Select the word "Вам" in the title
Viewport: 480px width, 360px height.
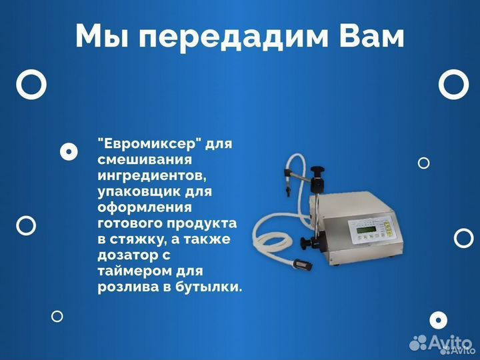pyautogui.click(x=367, y=37)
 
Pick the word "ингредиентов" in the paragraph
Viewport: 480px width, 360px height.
pyautogui.click(x=147, y=177)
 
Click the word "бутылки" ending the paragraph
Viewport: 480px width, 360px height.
pyautogui.click(x=211, y=287)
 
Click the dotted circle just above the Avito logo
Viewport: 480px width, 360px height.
pyautogui.click(x=437, y=320)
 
